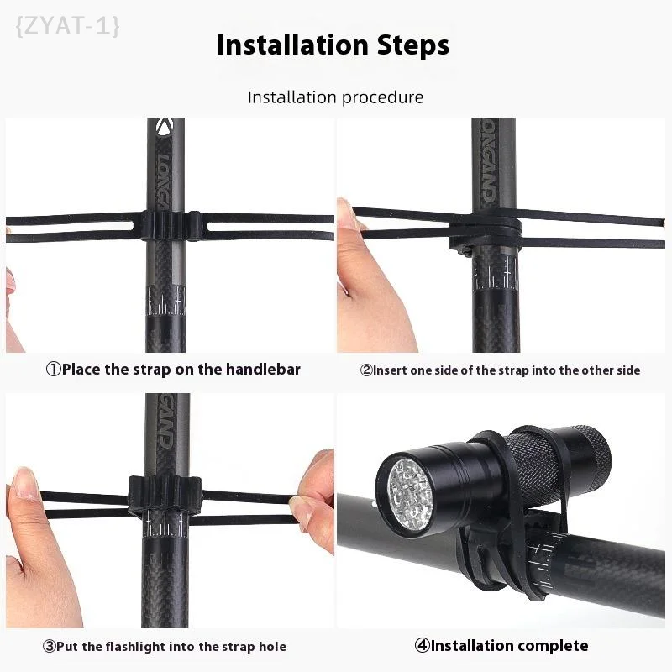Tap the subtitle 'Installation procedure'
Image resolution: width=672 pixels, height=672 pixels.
(x=335, y=97)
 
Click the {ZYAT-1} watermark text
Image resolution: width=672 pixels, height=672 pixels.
(x=67, y=26)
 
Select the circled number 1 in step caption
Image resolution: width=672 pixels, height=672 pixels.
(x=53, y=369)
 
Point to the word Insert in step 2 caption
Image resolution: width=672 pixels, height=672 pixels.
(x=391, y=370)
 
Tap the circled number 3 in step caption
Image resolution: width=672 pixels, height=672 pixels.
(x=49, y=647)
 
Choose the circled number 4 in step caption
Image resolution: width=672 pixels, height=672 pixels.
(x=423, y=645)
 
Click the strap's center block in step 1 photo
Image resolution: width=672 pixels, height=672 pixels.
(x=171, y=225)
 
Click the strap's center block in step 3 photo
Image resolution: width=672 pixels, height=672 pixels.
(x=165, y=496)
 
